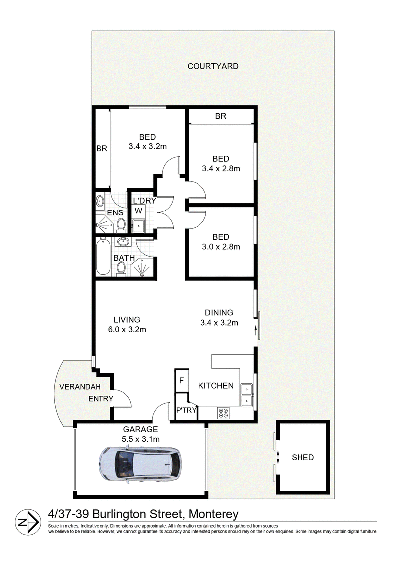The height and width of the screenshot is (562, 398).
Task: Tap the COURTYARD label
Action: [x=212, y=66]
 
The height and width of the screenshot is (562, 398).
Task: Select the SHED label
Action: [x=303, y=457]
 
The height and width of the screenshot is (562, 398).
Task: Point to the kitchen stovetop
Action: [x=223, y=413]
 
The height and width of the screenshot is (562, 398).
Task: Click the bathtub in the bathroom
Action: [x=102, y=257]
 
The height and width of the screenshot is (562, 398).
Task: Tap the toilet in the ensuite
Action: [x=121, y=225]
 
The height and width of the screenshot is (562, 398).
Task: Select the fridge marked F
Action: [x=182, y=381]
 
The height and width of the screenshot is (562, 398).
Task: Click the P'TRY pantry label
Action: [x=186, y=410]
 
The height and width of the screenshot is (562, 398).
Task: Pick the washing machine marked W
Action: [x=138, y=211]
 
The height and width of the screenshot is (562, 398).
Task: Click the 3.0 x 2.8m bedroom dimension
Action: [x=221, y=247]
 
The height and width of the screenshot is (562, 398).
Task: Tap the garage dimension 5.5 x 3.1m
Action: [x=140, y=439]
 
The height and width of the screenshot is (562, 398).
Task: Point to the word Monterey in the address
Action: [x=214, y=514]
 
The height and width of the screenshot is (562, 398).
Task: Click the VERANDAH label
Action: [x=80, y=387]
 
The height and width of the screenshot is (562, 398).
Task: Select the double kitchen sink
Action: [x=247, y=395]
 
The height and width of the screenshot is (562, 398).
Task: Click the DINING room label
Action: [x=219, y=313]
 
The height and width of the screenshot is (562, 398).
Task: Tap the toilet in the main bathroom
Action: [x=122, y=269]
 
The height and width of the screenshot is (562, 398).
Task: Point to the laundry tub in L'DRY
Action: [x=138, y=225]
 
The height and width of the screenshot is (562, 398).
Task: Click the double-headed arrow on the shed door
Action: [x=278, y=457]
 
